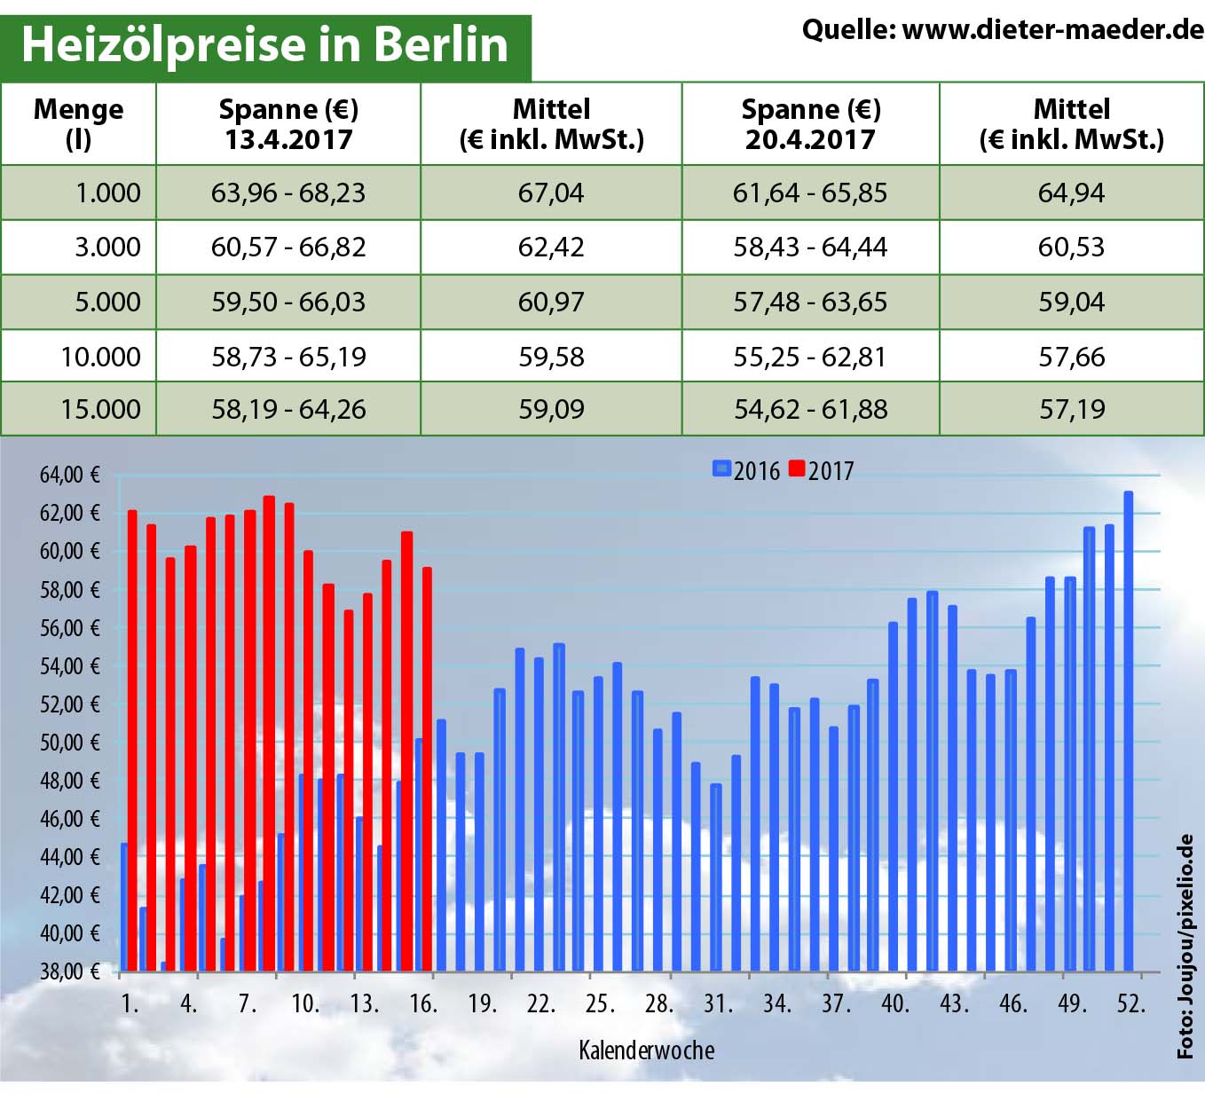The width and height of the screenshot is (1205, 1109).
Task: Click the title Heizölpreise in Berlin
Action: (264, 44)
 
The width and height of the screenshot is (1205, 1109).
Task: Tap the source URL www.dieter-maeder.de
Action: (1052, 30)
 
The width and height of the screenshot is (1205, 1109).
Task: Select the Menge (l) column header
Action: (78, 124)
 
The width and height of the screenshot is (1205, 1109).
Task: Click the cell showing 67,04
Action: (551, 193)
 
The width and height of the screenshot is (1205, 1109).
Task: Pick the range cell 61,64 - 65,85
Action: (809, 193)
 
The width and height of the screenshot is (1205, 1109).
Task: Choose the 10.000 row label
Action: (100, 357)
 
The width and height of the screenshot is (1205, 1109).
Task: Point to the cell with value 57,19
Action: (1072, 409)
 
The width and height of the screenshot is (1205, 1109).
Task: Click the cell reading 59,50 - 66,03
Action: (288, 302)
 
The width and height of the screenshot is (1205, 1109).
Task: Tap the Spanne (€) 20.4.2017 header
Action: (810, 124)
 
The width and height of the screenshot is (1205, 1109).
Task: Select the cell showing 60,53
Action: (1072, 247)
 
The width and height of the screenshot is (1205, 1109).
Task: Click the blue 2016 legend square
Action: (721, 468)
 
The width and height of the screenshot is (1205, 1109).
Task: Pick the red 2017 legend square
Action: (796, 468)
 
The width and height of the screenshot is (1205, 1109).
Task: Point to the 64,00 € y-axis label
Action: (69, 476)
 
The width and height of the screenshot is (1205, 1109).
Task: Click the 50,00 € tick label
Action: (69, 743)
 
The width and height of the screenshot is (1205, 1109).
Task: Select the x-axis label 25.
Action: (600, 1003)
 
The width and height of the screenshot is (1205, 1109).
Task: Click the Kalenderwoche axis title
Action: (646, 1050)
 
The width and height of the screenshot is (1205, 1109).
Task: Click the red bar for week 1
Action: (132, 740)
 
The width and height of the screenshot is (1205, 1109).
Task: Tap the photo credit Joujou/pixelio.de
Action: (1185, 946)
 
